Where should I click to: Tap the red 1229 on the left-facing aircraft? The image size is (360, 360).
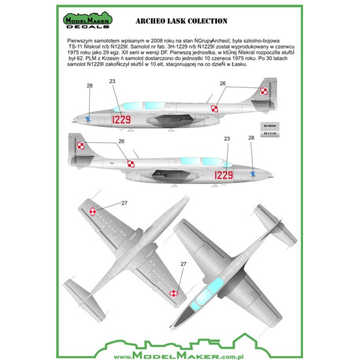pos(121,120)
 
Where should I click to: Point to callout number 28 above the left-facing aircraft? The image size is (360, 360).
pos(90,86)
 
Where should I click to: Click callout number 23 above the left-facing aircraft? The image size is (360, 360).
pos(112,81)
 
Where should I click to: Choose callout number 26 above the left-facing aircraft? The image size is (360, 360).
pos(223,83)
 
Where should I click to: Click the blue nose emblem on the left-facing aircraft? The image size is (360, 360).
pos(88,118)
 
